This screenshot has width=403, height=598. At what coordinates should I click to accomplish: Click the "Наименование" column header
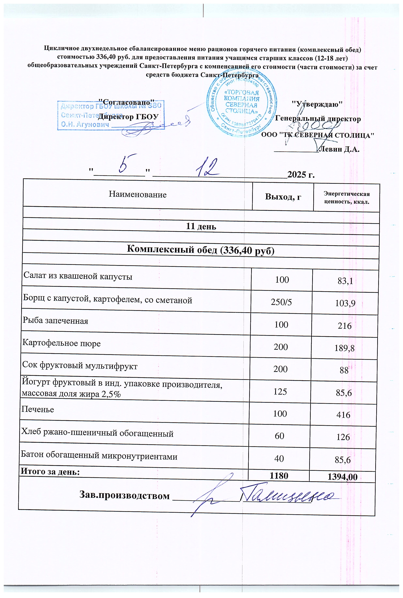click(x=137, y=194)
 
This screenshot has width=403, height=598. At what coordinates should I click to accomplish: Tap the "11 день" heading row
click(x=201, y=226)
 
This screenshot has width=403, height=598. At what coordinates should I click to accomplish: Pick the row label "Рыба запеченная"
click(x=55, y=321)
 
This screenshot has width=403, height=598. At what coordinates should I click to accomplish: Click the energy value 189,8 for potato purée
click(x=344, y=348)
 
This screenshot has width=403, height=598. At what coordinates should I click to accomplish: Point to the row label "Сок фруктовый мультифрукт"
click(x=80, y=366)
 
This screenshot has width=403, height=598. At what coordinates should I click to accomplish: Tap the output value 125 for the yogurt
click(x=280, y=392)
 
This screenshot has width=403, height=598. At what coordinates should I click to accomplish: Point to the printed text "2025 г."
click(x=301, y=175)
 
